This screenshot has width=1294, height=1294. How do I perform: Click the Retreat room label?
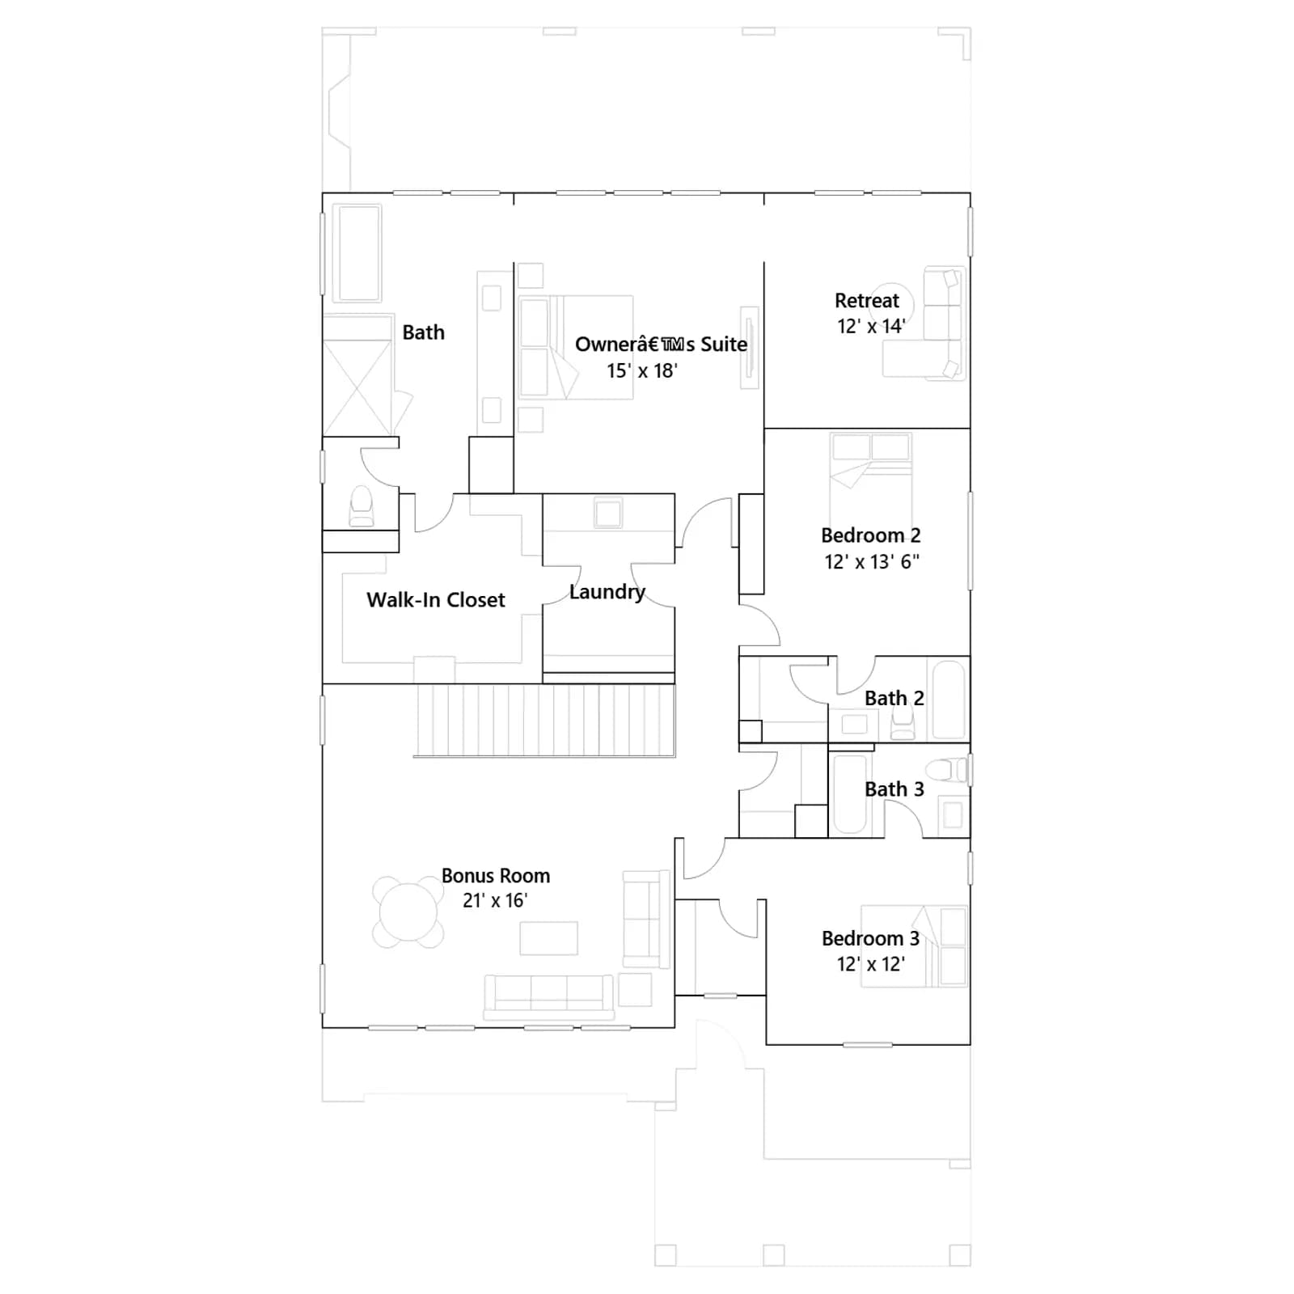pos(867,301)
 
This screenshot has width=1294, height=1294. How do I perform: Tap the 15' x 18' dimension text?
pos(642,370)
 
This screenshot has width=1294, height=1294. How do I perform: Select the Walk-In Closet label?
pos(436,599)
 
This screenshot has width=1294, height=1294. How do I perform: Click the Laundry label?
pos(607,592)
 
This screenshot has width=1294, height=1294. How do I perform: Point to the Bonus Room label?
pos(496,875)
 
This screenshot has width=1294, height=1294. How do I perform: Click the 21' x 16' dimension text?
pos(495,900)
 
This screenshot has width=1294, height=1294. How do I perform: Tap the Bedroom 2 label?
pos(871,535)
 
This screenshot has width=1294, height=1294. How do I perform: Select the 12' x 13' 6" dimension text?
pos(872,561)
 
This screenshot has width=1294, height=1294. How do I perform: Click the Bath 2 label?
pos(894,698)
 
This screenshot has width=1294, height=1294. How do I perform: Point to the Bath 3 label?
pos(894,789)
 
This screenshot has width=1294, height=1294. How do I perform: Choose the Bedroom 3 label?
pos(871,938)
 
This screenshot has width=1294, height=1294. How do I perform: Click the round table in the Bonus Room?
pos(408,911)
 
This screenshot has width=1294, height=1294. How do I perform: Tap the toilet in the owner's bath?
pos(362,506)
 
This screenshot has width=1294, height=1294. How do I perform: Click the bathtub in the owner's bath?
pos(359,253)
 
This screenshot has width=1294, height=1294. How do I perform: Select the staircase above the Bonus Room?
pos(545,721)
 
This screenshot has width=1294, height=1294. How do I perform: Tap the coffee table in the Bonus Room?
pos(549,938)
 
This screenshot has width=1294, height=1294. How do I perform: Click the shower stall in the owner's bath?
pos(358,377)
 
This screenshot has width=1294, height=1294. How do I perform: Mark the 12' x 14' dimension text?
pos(871,326)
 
